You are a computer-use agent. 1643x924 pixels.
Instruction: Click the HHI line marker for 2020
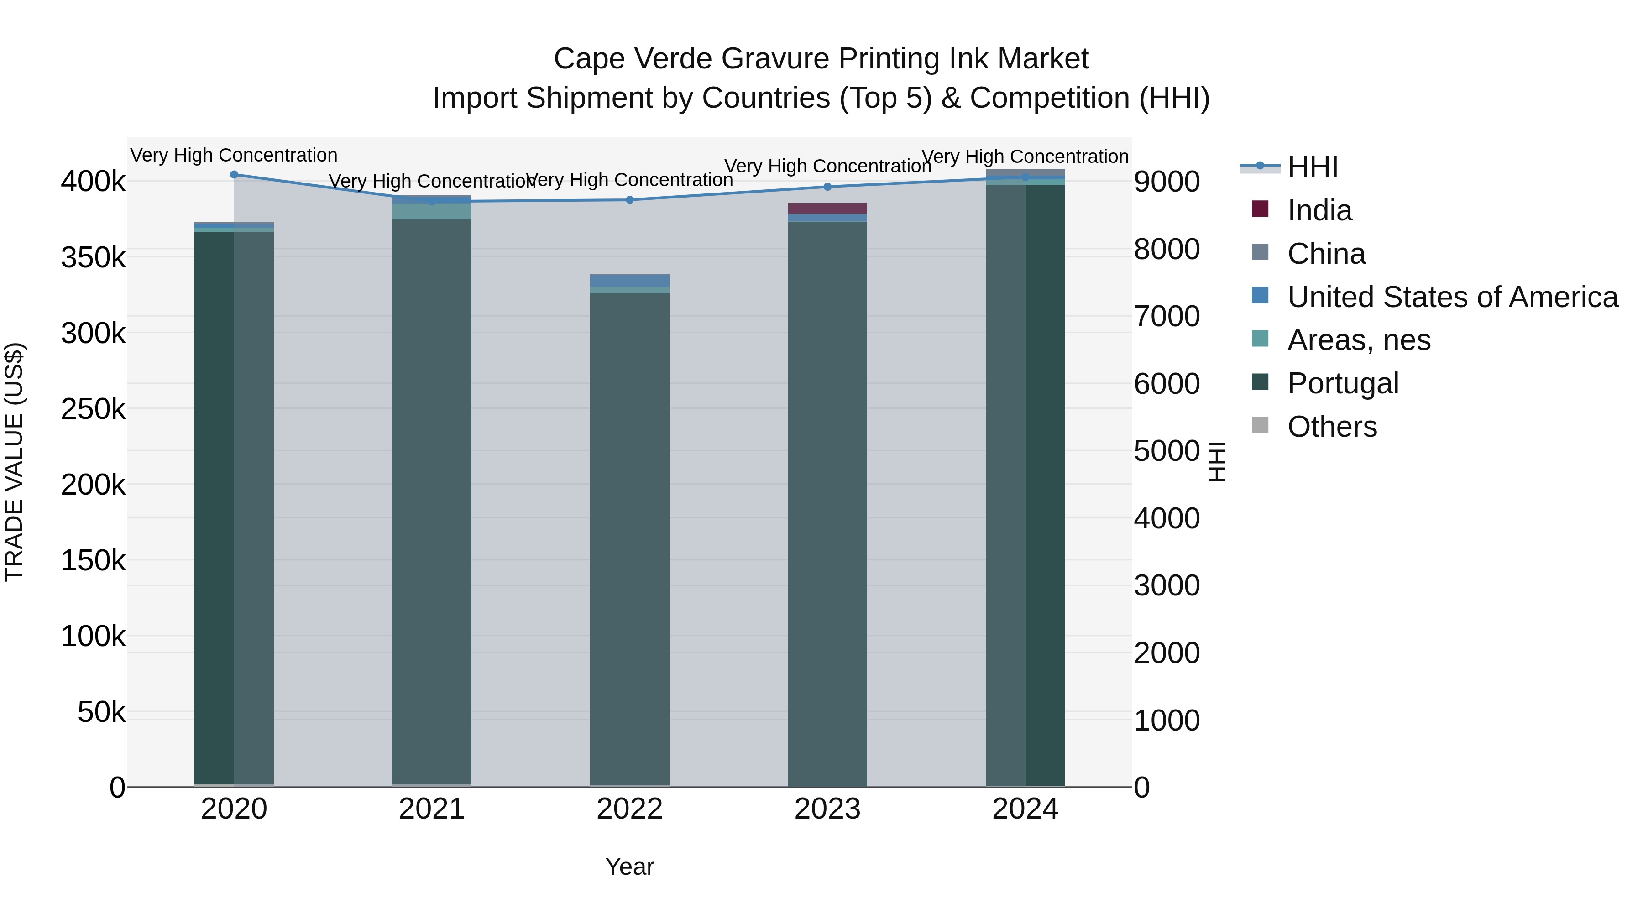tap(234, 174)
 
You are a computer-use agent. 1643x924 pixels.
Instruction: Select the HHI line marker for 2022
tap(629, 199)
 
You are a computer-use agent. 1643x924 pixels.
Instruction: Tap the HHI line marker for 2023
tap(827, 187)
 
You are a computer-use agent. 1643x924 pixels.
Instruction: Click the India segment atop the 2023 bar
tap(827, 209)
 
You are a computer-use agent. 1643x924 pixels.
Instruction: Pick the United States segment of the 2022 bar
tap(629, 280)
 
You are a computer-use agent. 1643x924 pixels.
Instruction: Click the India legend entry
tap(1319, 210)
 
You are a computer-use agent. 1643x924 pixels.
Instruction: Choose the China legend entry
tap(1326, 254)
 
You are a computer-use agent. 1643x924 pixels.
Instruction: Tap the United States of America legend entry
tap(1452, 297)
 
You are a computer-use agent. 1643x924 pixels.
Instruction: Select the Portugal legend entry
tap(1343, 383)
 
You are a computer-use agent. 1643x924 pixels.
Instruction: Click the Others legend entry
tap(1332, 427)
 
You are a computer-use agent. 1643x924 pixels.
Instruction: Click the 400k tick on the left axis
tap(93, 182)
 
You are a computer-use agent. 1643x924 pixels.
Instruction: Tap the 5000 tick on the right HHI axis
tap(1167, 451)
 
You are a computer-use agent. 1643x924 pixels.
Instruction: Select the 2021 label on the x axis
tap(432, 809)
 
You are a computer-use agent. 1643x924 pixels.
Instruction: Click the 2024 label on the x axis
tap(1025, 809)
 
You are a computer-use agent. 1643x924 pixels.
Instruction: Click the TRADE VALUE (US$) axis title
tap(14, 462)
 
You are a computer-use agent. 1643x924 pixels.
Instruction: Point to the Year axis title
tap(629, 867)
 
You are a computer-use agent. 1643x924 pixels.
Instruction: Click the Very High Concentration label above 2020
tap(234, 155)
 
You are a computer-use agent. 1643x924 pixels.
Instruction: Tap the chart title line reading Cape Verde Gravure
tap(821, 59)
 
